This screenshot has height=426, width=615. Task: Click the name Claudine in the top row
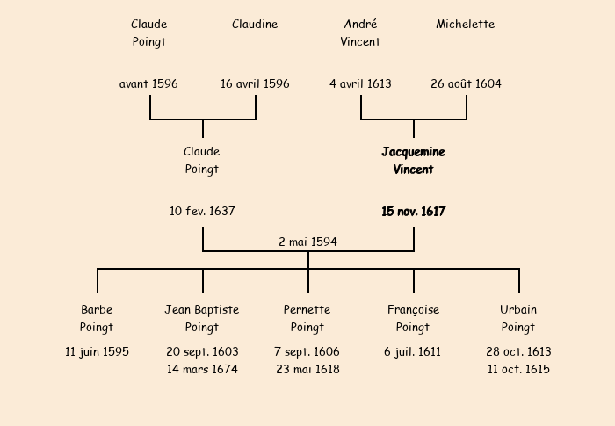tap(255, 25)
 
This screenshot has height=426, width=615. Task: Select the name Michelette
tap(466, 25)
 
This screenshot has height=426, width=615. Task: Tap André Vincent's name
tap(360, 32)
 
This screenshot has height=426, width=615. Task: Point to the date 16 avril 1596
tap(255, 84)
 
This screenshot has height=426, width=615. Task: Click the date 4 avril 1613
tap(360, 84)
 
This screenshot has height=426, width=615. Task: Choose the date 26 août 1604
tap(466, 84)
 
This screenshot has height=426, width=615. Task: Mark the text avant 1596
tap(148, 84)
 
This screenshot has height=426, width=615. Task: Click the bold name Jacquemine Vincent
tap(413, 161)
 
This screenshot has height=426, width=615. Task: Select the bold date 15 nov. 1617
tap(413, 212)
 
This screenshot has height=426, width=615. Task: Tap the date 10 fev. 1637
tap(202, 212)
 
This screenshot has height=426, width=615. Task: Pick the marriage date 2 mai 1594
tap(307, 242)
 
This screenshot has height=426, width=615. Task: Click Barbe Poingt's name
tap(97, 318)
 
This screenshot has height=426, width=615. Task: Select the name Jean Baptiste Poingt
tap(202, 318)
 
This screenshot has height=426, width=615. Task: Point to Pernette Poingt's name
tap(307, 318)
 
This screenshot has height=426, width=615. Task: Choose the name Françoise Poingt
tap(413, 318)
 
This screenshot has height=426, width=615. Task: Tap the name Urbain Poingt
tap(518, 318)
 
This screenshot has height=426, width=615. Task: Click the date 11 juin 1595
tap(97, 352)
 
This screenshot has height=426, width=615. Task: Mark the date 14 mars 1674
tap(202, 370)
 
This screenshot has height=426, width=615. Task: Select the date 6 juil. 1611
tap(413, 352)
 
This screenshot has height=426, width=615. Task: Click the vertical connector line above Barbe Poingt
tap(98, 281)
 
